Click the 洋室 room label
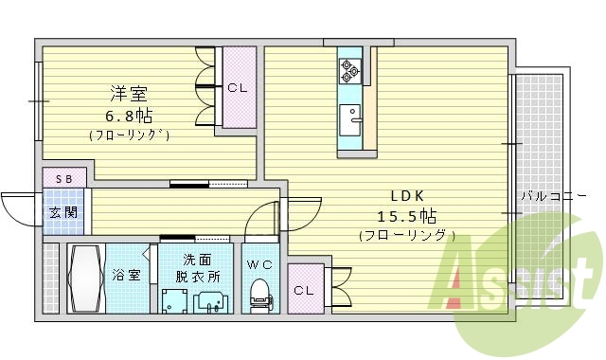pyautogui.click(x=131, y=95)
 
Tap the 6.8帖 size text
pyautogui.click(x=130, y=116)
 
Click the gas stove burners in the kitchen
pyautogui.click(x=350, y=67)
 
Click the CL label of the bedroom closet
pyautogui.click(x=237, y=88)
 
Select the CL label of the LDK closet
pyautogui.click(x=303, y=291)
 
